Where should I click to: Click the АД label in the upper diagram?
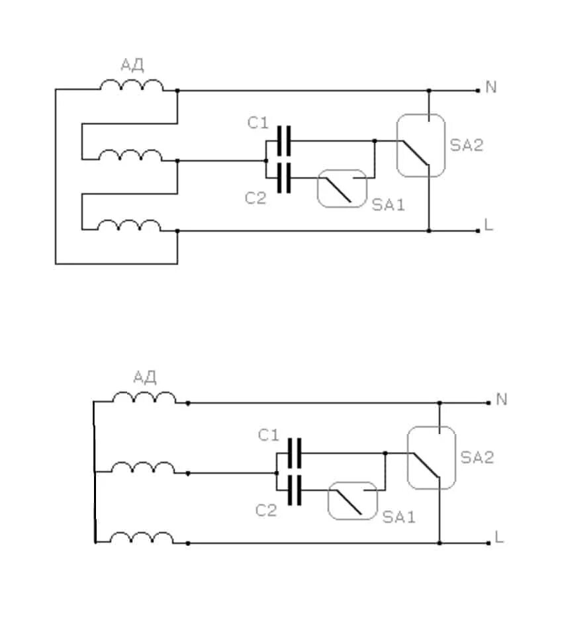[132, 64]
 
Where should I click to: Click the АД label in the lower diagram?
[144, 377]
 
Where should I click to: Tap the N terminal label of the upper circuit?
[491, 87]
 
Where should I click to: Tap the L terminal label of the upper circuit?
[489, 225]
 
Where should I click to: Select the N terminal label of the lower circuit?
[501, 399]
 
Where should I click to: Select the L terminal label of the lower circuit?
[499, 537]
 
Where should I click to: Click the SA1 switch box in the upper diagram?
[342, 189]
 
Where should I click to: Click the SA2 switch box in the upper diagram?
[420, 146]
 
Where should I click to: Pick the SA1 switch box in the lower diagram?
[353, 501]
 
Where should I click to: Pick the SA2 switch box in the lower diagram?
[431, 458]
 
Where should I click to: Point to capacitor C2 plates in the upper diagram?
[284, 178]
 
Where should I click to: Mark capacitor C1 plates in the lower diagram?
[295, 453]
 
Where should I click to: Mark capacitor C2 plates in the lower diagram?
[295, 490]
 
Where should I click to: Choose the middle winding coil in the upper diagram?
[130, 155]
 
